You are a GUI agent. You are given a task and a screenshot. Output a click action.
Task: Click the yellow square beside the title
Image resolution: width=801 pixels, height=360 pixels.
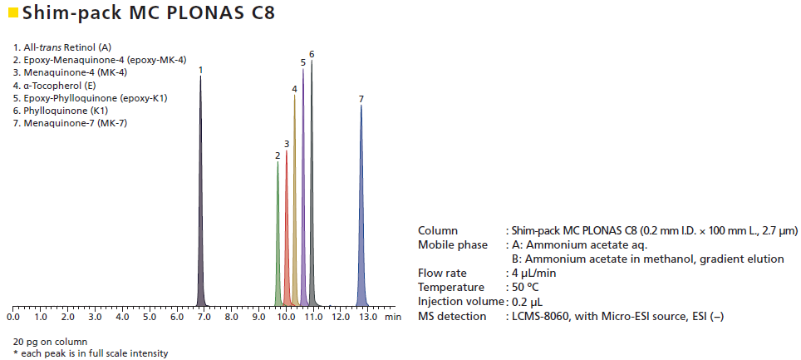pos(12,12)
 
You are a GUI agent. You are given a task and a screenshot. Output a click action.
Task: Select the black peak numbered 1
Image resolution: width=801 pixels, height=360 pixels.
pos(200,208)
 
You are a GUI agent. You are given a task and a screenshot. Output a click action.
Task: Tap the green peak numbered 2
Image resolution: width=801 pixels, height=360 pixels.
pos(278,249)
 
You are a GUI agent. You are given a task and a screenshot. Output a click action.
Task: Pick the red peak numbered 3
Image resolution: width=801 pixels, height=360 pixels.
pos(287,241)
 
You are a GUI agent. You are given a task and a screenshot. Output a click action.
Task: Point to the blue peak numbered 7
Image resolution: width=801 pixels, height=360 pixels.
pos(361,216)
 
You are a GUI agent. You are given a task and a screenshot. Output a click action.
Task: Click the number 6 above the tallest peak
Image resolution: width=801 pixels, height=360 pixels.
pos(312,54)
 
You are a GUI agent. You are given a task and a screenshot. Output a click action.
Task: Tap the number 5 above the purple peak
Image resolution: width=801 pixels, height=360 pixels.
pos(303,62)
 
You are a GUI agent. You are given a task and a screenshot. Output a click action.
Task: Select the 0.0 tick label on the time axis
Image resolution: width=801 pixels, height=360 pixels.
pos(13,317)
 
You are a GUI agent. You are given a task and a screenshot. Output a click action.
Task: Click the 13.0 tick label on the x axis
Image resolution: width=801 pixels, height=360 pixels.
pos(367,317)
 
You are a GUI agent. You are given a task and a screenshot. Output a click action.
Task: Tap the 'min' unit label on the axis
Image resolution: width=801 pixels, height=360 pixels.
pos(394,317)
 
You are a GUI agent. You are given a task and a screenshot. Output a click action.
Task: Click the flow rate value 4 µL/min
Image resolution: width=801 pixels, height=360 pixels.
pos(535,273)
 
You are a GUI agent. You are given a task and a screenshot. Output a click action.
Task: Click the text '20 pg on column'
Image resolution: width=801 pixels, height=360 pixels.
pos(50,341)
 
